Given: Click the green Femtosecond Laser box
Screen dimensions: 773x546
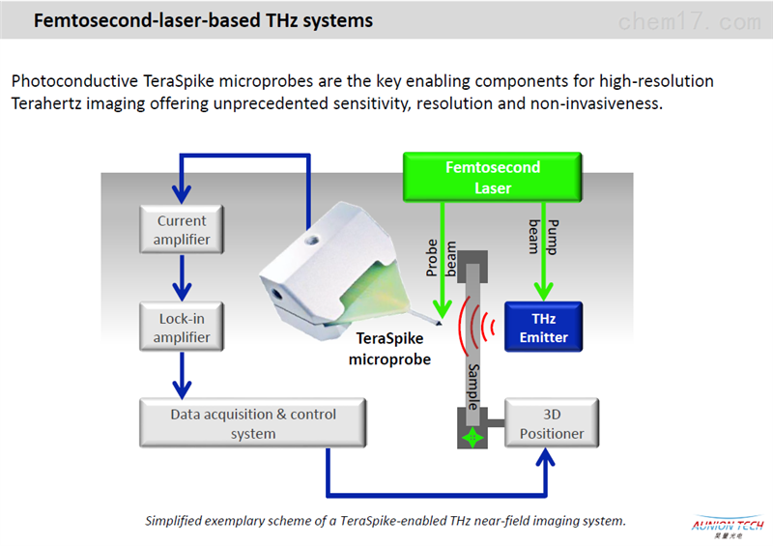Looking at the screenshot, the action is tap(493, 177).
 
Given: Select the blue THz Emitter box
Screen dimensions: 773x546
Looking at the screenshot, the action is tap(543, 327).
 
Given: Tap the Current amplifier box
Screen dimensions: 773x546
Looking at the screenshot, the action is tap(182, 229).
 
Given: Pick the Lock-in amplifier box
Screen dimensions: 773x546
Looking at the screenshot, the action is tap(182, 327).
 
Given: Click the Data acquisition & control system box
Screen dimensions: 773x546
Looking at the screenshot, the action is tap(253, 423).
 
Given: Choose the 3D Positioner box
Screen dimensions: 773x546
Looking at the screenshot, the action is tap(552, 423).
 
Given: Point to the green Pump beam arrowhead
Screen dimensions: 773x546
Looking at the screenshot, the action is tap(543, 292).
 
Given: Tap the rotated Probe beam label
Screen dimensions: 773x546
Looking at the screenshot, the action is tap(441, 258).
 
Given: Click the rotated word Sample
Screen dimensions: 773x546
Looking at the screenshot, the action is tap(473, 387).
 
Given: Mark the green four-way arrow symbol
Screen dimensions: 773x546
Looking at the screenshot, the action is tap(472, 438).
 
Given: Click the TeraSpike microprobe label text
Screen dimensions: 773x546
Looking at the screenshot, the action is tap(389, 349).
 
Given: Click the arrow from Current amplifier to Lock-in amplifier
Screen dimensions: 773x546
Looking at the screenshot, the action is tap(182, 278).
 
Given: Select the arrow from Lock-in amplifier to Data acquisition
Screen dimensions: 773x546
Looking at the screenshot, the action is tap(182, 376).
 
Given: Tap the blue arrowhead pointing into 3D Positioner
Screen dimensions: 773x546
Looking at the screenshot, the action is tap(545, 457).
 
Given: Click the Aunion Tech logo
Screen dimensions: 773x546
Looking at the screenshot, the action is tap(728, 527).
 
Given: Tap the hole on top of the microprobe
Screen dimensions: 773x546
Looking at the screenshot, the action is tap(311, 241).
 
